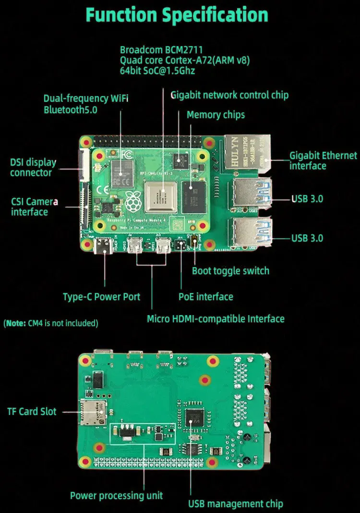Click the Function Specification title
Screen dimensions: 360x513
(177, 15)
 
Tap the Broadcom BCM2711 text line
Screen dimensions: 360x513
(161, 50)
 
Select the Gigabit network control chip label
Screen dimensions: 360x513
(229, 95)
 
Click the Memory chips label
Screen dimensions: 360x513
(216, 115)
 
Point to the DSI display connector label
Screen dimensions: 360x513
(33, 168)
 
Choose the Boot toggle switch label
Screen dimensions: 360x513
(230, 271)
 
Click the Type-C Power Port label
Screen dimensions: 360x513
(101, 297)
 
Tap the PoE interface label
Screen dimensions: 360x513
(205, 297)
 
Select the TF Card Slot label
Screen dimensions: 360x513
(32, 411)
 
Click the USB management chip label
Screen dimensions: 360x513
(235, 503)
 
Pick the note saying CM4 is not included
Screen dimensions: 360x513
(51, 323)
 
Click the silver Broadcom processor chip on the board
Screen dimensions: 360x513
(160, 197)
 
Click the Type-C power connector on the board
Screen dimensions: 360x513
(104, 246)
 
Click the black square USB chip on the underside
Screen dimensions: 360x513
(194, 417)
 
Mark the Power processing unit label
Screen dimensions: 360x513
(117, 496)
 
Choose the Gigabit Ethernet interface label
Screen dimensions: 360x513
(323, 160)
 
